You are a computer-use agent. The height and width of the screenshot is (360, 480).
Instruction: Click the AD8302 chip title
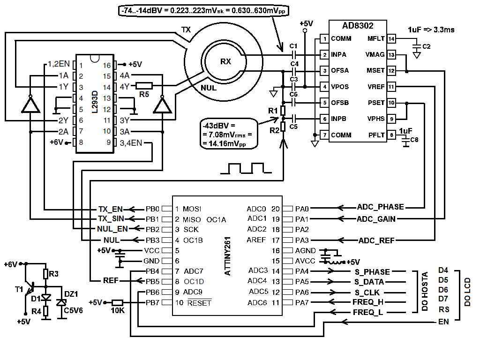[358, 26]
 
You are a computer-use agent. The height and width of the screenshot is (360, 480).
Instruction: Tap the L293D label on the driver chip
[95, 102]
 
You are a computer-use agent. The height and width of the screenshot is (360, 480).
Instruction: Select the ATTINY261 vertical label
[227, 256]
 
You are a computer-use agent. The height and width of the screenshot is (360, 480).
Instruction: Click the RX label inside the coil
[225, 61]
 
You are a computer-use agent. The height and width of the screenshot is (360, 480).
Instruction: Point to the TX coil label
[186, 30]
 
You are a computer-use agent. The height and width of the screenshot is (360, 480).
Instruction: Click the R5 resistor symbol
[144, 86]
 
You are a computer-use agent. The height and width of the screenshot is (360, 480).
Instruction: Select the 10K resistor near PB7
[117, 303]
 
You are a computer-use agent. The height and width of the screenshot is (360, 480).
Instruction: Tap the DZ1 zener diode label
[71, 294]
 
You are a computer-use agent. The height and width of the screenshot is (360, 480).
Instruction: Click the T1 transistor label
[19, 289]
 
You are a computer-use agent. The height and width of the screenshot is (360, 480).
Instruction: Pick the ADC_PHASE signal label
[381, 207]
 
